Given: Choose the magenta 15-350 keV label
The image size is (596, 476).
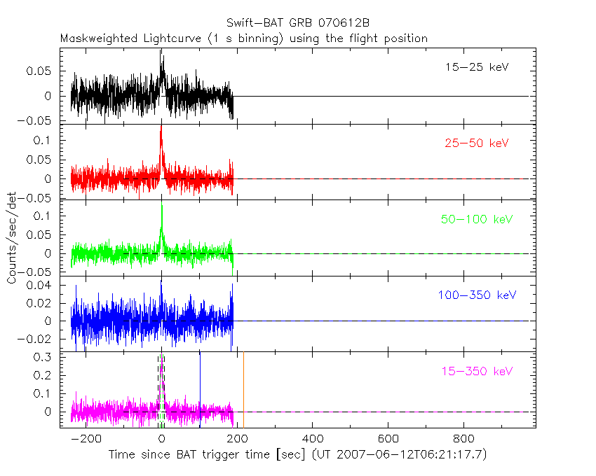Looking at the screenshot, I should click(x=476, y=370).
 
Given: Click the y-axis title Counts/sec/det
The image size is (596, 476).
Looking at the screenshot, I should click(x=12, y=238).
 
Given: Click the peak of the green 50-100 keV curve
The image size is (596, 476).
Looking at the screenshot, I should click(x=161, y=204).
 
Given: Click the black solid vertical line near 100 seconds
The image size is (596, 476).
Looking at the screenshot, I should click(x=200, y=392).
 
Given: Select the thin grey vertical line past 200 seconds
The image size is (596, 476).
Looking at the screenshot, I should click(x=243, y=392).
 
